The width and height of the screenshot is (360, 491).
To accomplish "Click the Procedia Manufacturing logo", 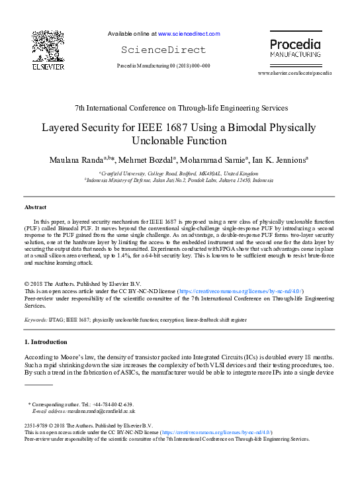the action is (294, 48).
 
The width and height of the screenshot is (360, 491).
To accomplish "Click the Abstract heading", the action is (35, 207).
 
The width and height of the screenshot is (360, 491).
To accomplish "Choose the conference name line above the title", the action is (180, 107).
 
